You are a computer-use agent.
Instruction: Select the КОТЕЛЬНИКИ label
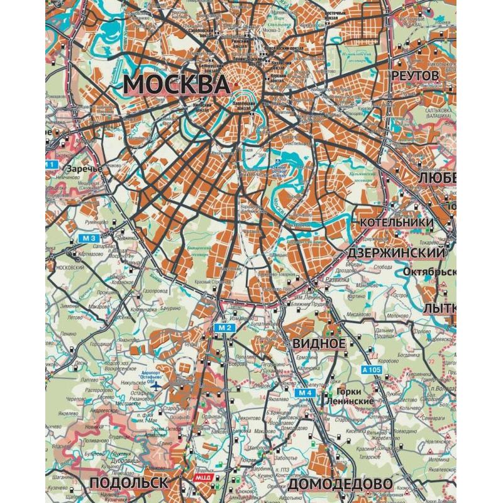(397, 223)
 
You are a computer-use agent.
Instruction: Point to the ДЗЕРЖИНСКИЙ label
(397, 252)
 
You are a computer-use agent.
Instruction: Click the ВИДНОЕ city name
(319, 343)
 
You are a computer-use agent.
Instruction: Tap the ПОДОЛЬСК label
(130, 483)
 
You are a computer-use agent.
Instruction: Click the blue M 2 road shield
(226, 328)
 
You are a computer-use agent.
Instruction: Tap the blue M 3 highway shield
(90, 238)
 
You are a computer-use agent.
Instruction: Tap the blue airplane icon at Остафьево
(157, 385)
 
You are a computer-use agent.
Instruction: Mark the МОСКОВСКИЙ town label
(71, 267)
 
